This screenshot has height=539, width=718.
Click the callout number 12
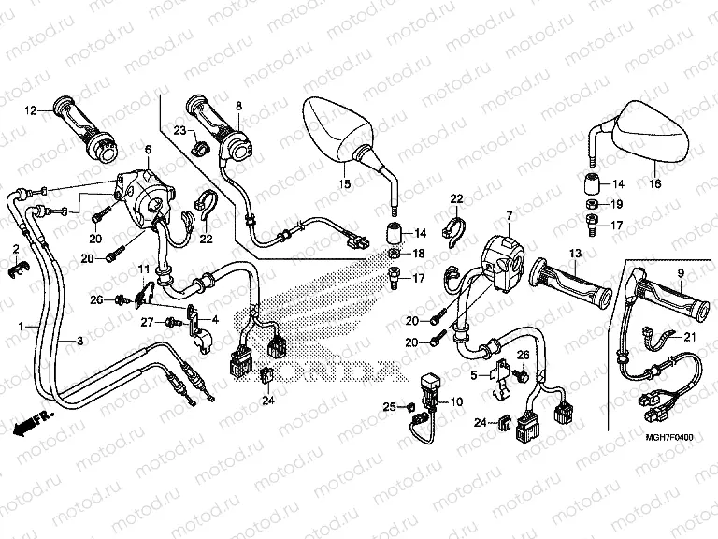coord(30,110)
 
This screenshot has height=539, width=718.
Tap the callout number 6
coord(147,150)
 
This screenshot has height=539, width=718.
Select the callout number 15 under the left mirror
coord(344,184)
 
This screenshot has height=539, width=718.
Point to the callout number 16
coord(654,184)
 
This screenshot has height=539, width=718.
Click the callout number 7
coord(510,217)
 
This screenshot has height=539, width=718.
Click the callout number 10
coord(457,402)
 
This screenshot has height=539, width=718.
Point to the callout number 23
coord(179,129)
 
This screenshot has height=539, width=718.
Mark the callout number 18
coord(418,254)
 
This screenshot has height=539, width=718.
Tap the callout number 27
coord(147,322)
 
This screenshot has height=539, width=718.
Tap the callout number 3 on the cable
coord(79,342)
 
